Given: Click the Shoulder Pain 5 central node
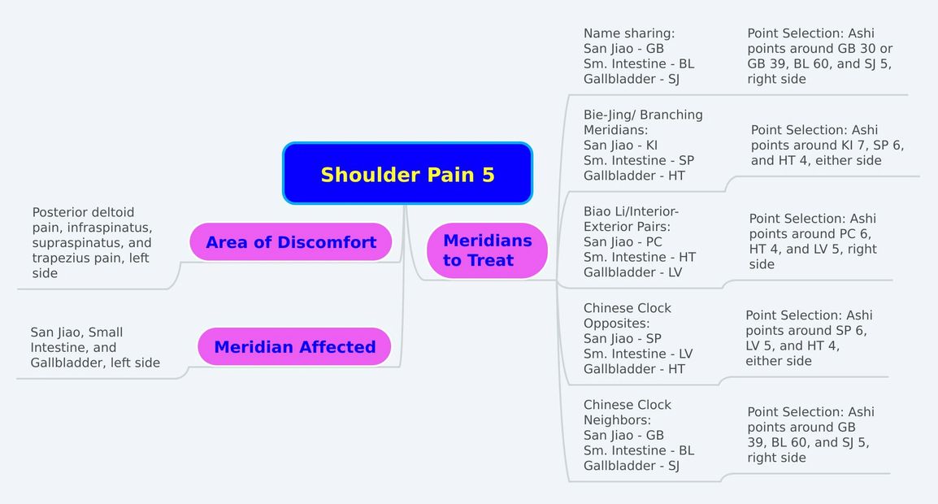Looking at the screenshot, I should [x=407, y=174].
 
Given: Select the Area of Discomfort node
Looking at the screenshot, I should [x=290, y=242].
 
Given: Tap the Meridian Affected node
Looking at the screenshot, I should [x=294, y=347].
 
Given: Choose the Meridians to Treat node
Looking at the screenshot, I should [x=487, y=250].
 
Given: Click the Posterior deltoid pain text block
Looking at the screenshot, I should [x=92, y=242].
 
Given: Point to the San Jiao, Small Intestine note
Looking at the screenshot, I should [x=95, y=347].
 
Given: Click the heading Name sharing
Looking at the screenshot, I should [x=629, y=33].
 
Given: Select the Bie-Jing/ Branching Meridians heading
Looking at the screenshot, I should [x=643, y=122].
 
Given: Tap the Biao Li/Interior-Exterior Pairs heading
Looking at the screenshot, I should [x=631, y=219].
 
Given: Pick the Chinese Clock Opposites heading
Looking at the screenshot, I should [x=628, y=315].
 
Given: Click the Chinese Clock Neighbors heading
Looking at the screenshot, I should [x=628, y=412].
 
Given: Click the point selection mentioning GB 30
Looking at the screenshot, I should [x=819, y=56].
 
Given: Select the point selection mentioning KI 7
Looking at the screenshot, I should [x=827, y=145].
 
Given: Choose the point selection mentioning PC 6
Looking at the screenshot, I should [x=813, y=241].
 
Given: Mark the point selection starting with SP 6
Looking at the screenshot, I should [x=809, y=338].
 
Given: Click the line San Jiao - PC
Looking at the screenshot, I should [x=623, y=242].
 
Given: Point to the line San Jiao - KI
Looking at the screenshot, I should [x=620, y=146].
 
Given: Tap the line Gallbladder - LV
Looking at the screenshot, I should [x=632, y=272].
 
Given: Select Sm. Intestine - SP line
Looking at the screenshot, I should [x=638, y=160].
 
